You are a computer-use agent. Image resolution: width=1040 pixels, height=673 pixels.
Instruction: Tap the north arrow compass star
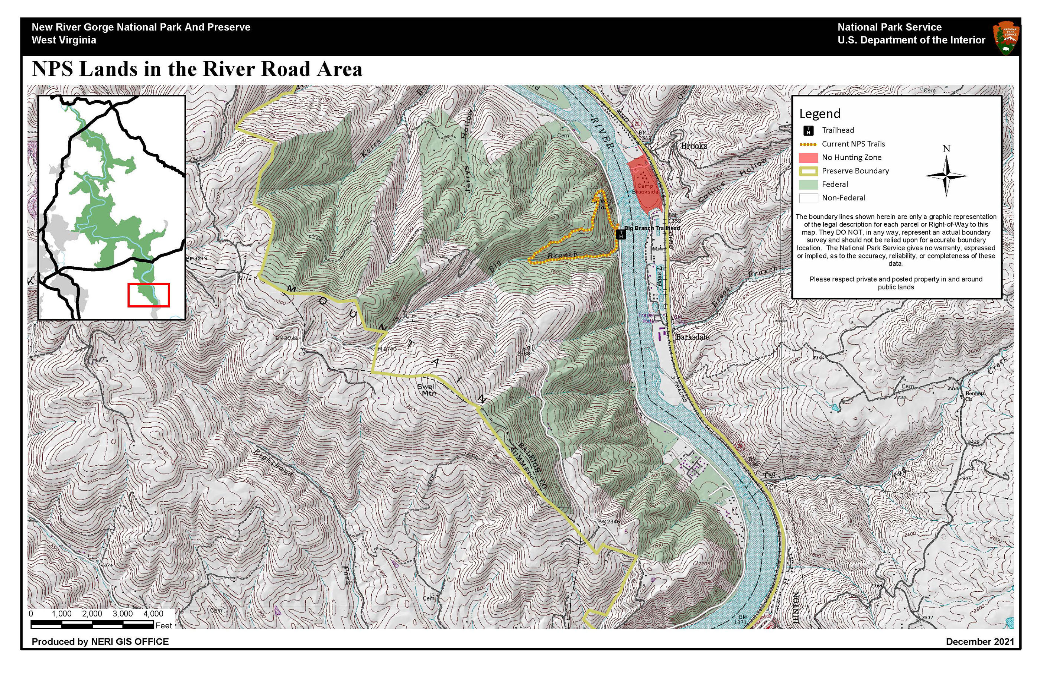946,176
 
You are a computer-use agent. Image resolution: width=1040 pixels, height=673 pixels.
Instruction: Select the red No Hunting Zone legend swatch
808,157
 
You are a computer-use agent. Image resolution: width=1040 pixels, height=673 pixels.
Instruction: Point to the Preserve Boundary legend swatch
808,171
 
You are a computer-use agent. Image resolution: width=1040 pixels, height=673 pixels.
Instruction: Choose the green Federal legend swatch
808,185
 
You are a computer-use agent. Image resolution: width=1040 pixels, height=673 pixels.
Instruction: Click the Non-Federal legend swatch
808,198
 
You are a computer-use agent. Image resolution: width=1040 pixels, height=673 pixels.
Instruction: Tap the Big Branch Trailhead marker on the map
621,235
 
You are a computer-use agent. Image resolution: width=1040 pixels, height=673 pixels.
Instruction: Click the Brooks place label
693,146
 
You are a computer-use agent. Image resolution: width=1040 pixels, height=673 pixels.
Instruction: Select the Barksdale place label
692,337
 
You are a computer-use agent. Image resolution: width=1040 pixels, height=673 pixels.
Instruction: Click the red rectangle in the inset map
149,295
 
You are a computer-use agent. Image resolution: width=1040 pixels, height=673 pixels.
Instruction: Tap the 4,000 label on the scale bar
153,614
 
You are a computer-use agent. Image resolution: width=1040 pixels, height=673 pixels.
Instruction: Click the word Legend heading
820,114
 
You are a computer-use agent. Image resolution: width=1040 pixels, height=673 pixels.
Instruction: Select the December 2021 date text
980,641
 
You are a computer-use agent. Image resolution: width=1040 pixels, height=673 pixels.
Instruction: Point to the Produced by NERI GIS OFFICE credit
100,641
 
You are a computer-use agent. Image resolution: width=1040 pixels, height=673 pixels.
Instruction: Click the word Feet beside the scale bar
164,625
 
